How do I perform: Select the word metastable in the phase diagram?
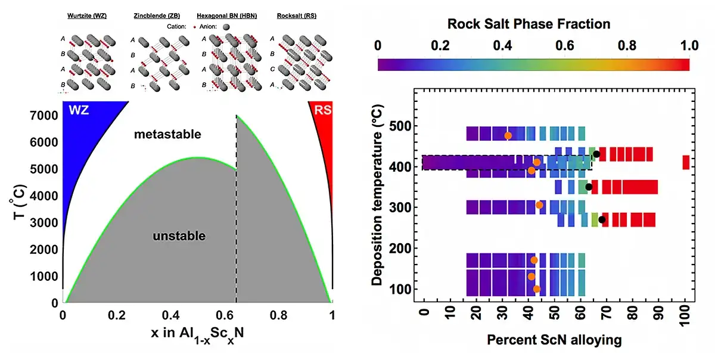[x=167, y=135]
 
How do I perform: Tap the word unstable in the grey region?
[x=179, y=236]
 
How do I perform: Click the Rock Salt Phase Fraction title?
[x=529, y=24]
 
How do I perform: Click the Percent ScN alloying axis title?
[x=554, y=340]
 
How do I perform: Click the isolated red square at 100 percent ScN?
[x=686, y=162]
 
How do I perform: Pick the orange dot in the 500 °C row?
[x=508, y=136]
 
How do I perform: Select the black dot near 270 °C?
[x=602, y=220]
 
